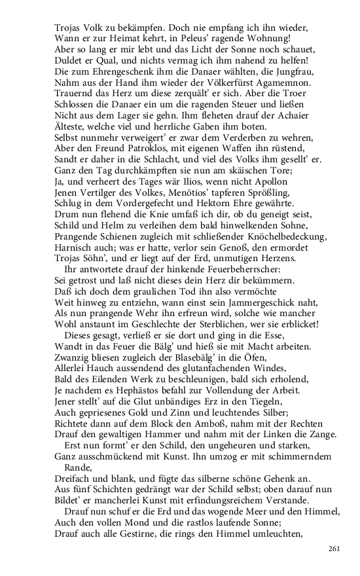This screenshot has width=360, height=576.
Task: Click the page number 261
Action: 334,549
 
